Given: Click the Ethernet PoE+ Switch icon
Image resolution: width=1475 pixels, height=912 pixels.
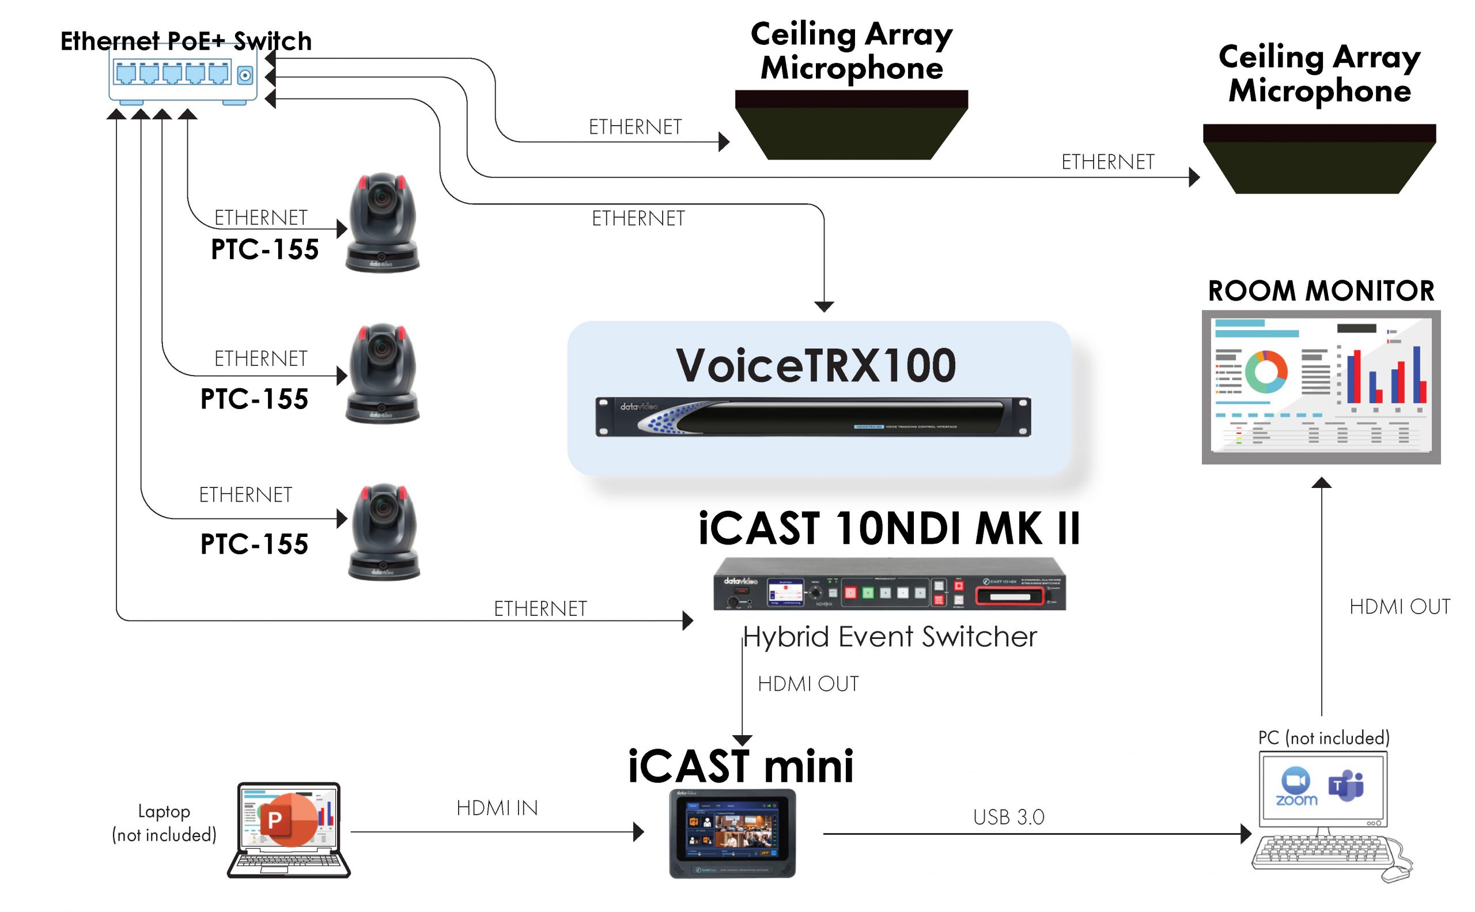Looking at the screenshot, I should click(x=183, y=75).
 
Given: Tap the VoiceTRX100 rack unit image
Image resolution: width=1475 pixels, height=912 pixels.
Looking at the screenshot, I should click(x=812, y=416).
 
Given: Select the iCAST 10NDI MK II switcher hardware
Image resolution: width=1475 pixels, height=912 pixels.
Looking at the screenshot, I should click(x=889, y=584).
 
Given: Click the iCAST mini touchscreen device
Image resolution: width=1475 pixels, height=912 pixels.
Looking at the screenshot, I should click(x=732, y=833).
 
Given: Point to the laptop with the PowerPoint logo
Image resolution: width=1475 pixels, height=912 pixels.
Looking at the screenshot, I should click(x=288, y=830).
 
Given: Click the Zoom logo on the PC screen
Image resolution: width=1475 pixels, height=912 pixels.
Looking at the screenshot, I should click(x=1296, y=786).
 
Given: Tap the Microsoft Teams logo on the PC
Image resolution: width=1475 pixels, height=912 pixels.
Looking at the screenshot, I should click(x=1346, y=785).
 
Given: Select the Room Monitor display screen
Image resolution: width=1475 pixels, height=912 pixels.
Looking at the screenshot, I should click(x=1321, y=387).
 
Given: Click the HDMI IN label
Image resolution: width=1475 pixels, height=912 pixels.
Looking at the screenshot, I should click(x=497, y=808).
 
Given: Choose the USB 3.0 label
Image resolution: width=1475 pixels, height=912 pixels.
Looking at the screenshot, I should click(x=1008, y=818).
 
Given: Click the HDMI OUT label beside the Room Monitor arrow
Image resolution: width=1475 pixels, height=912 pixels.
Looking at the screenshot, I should click(x=1399, y=607).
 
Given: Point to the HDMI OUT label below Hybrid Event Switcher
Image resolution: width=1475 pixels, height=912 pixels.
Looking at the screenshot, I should click(x=808, y=684).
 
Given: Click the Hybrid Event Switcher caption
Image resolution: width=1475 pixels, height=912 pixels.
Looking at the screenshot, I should click(x=890, y=637).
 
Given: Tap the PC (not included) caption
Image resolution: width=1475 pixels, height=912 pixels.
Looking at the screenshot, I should click(x=1323, y=737).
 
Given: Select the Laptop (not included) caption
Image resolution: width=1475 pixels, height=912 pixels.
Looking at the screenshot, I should click(x=164, y=823).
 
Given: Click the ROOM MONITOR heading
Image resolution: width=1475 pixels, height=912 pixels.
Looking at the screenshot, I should click(x=1321, y=292).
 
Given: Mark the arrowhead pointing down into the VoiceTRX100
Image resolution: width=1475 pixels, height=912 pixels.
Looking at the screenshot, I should click(x=824, y=306).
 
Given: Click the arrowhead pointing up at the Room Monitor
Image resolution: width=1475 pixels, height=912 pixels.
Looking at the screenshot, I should click(x=1321, y=483).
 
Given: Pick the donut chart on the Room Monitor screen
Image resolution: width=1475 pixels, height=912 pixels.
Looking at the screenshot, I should click(x=1266, y=372).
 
